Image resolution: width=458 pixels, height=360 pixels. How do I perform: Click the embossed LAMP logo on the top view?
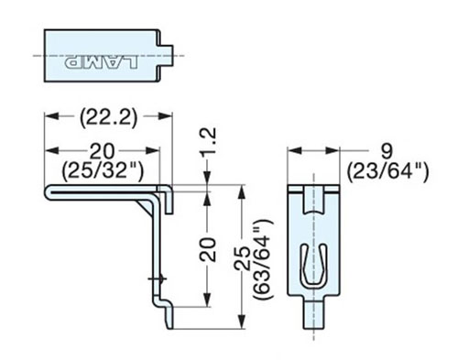pyautogui.click(x=102, y=62)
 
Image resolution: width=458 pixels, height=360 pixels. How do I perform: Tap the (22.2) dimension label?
pyautogui.click(x=109, y=118)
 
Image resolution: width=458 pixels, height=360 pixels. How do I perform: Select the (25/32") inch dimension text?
pyautogui.click(x=103, y=170)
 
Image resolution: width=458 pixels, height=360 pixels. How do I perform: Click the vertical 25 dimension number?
pyautogui.click(x=242, y=258)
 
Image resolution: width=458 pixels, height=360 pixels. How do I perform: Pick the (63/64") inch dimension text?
pyautogui.click(x=262, y=258)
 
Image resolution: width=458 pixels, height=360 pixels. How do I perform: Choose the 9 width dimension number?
pyautogui.click(x=387, y=151)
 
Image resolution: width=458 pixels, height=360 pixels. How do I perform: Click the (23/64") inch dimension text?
pyautogui.click(x=387, y=172)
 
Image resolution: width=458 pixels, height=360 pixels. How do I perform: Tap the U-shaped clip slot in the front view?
pyautogui.click(x=313, y=266)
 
